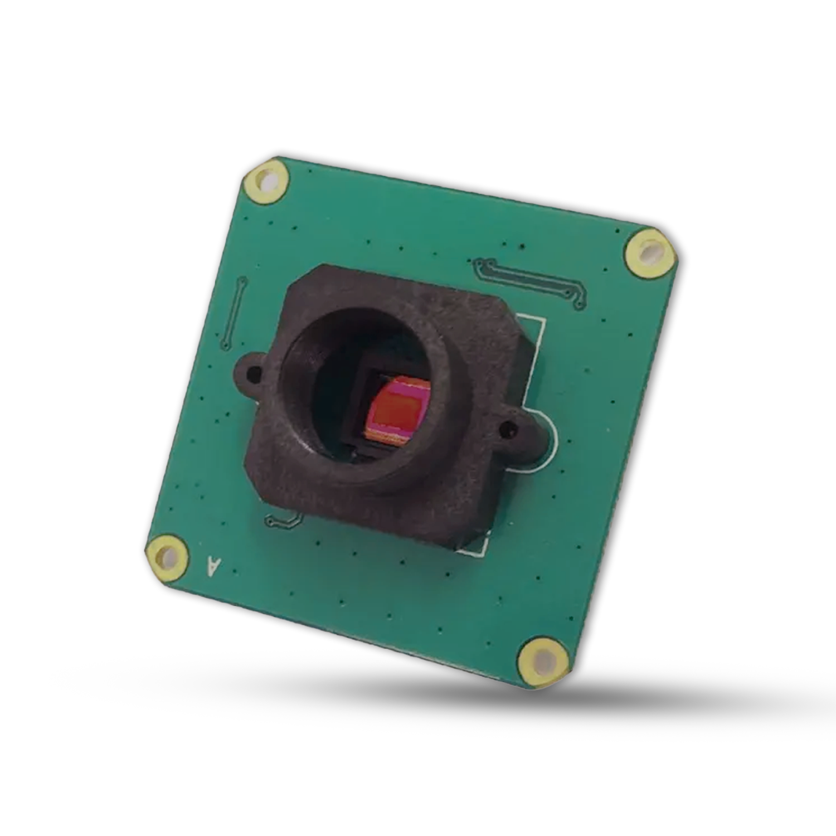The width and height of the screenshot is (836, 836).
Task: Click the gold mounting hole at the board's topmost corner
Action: click(x=266, y=180)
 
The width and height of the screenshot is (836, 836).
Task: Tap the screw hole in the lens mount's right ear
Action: click(x=508, y=430)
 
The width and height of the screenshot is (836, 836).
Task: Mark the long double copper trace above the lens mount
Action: click(x=529, y=281)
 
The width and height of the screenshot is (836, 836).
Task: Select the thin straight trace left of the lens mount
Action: click(x=233, y=312)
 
